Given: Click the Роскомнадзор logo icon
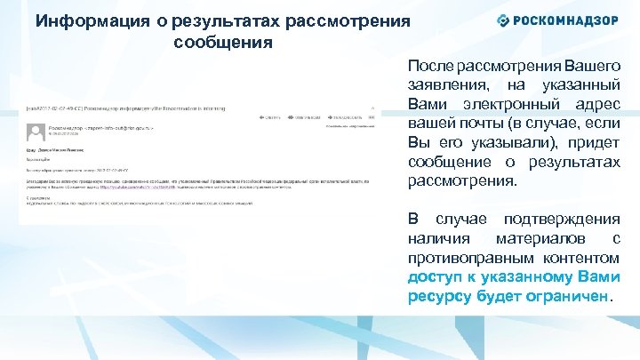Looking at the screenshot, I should pos(503,20).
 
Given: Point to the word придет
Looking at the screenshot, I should pos(593,143).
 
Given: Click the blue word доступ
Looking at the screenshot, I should pos(433,277).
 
